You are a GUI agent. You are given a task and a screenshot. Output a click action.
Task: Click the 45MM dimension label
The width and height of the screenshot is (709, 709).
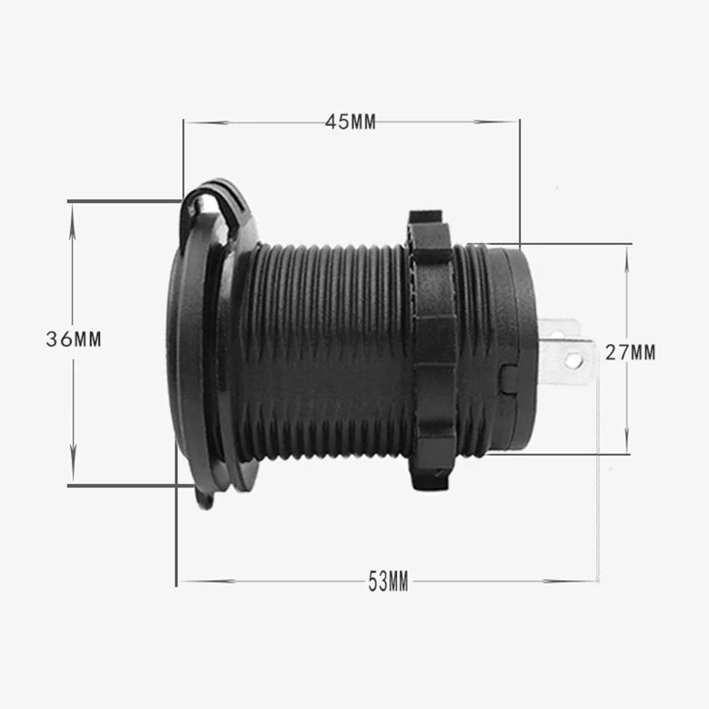[x=350, y=121]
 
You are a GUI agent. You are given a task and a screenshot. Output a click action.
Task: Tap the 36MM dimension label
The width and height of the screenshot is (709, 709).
[x=74, y=339]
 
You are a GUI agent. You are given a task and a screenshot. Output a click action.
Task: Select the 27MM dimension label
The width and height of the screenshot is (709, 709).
[x=630, y=352]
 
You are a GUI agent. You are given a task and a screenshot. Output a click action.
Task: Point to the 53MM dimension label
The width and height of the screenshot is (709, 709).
[x=388, y=581]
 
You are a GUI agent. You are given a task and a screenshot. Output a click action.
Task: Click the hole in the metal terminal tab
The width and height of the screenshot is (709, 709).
[x=573, y=360]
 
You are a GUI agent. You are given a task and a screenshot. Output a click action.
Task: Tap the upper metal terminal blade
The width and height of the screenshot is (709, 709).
[x=559, y=329]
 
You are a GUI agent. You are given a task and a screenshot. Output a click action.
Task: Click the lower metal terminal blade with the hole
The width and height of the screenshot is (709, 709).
[x=567, y=361]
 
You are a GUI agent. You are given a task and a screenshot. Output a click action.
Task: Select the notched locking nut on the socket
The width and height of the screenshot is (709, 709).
[x=431, y=350]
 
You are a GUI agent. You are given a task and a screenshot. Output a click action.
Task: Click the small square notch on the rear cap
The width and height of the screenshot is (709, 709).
[x=508, y=379]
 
